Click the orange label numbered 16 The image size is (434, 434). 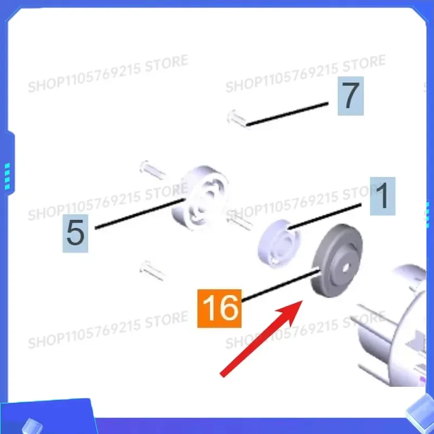(219, 308)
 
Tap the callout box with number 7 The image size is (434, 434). (350, 96)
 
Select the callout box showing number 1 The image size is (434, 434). (382, 196)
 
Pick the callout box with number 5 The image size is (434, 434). (75, 233)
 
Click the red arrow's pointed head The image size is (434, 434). (302, 301)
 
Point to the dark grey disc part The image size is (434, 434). (337, 261)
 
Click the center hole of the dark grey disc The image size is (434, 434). (346, 267)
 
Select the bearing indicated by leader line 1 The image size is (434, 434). (279, 244)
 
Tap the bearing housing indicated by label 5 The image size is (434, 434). (200, 197)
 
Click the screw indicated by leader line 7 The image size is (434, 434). (237, 119)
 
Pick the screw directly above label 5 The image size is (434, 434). (152, 170)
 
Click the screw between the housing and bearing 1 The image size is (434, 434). (239, 220)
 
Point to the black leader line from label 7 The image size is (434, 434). (288, 114)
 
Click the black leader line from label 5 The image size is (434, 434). (140, 213)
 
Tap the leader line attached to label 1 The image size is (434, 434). (324, 216)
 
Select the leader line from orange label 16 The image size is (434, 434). (280, 286)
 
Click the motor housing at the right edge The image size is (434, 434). (393, 327)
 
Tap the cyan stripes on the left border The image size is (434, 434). (7, 176)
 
